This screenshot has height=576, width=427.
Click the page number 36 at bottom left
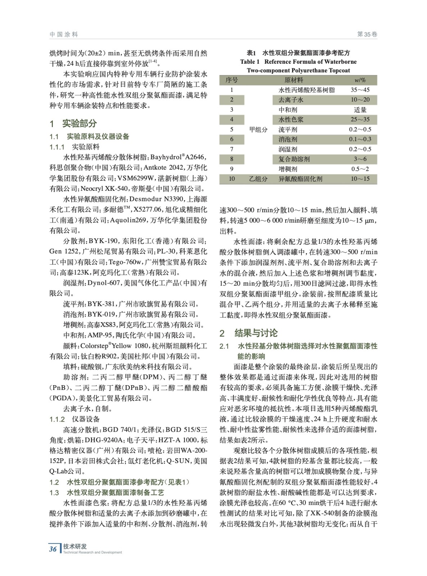click(53, 549)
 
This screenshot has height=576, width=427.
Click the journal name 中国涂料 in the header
click(64, 35)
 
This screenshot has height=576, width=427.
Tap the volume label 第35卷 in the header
click(367, 35)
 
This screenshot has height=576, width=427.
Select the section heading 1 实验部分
click(73, 123)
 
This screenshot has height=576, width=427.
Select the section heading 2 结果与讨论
click(249, 333)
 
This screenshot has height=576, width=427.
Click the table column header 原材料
click(294, 80)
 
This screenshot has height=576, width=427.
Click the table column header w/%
click(360, 80)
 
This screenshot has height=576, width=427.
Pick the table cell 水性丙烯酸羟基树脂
click(306, 90)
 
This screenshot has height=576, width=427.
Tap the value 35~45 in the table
click(360, 90)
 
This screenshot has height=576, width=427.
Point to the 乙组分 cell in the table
click(258, 179)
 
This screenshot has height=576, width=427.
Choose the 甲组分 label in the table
click(258, 130)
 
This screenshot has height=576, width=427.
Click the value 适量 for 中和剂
click(360, 110)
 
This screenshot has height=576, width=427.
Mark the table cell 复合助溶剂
click(294, 159)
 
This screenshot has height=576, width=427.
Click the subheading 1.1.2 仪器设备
click(75, 419)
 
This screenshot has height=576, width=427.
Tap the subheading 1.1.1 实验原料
click(75, 147)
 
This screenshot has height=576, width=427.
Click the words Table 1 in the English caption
click(250, 62)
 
